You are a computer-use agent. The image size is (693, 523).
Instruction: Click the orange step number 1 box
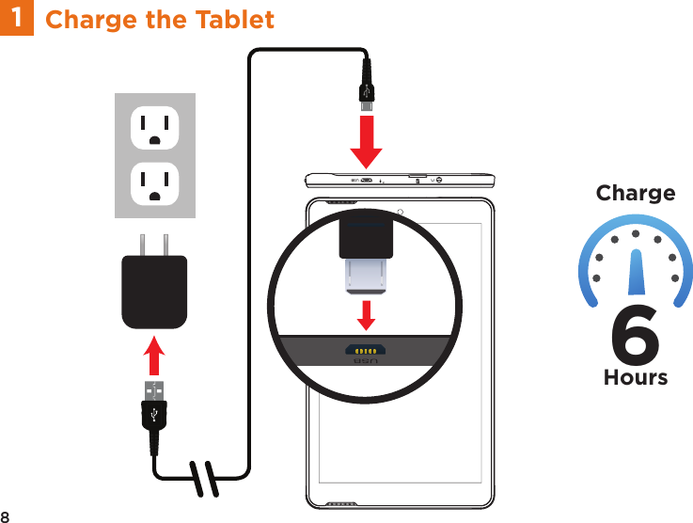(16, 18)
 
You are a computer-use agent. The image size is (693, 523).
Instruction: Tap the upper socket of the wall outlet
(154, 128)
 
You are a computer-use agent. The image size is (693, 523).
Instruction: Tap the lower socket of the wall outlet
(154, 183)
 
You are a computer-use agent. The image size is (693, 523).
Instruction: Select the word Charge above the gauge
(636, 194)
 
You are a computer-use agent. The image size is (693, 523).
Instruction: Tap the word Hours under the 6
(636, 377)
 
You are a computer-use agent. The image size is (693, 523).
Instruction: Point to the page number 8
(6, 516)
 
